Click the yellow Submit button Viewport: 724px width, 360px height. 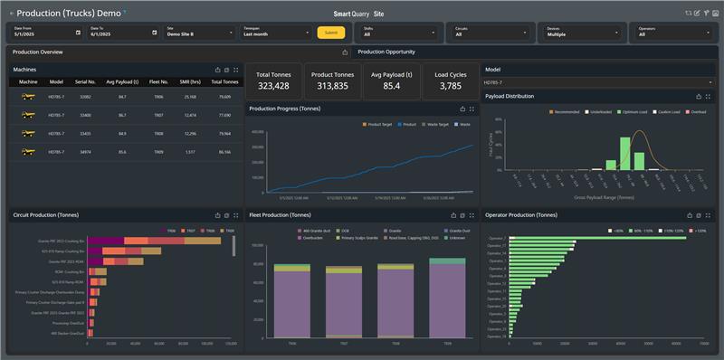[x=330, y=33]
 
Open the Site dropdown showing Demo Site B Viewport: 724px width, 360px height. [x=200, y=33]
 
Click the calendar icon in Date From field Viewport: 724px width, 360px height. [x=78, y=33]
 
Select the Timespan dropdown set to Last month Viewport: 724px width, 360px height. [x=276, y=33]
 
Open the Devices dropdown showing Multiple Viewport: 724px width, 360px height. [x=579, y=33]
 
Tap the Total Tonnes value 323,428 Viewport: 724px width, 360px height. [x=272, y=86]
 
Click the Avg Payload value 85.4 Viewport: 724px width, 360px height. [x=392, y=86]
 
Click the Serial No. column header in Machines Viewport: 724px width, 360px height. [x=85, y=81]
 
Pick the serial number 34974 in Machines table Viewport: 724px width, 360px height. [x=85, y=152]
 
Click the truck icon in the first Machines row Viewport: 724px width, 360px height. [x=29, y=96]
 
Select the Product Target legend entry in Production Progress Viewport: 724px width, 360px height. [x=376, y=123]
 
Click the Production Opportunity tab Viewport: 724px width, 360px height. [x=386, y=52]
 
